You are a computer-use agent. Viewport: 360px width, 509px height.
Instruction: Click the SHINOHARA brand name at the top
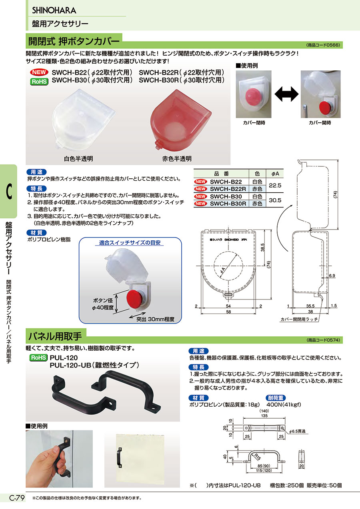pyautogui.click(x=54, y=10)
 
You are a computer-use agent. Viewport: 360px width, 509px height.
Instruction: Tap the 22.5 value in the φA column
pyautogui.click(x=275, y=186)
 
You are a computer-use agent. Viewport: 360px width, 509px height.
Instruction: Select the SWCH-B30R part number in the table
pyautogui.click(x=228, y=204)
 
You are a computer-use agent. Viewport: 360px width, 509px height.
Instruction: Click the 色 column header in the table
pyautogui.click(x=257, y=174)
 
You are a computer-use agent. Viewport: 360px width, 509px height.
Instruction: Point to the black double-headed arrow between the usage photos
pyautogui.click(x=286, y=94)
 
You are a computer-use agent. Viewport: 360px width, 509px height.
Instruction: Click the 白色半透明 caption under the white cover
pyautogui.click(x=78, y=159)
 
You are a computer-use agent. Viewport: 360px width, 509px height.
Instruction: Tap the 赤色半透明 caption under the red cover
pyautogui.click(x=177, y=159)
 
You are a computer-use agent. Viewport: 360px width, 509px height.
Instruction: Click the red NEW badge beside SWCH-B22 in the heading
pyautogui.click(x=39, y=72)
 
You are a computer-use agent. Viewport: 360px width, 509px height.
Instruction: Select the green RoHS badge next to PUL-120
pyautogui.click(x=38, y=358)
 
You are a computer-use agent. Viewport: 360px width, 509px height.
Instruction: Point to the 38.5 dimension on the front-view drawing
pyautogui.click(x=263, y=248)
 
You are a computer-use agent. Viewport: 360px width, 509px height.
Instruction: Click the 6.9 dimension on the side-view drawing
pyautogui.click(x=332, y=275)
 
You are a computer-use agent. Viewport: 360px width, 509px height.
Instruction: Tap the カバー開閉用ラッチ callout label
pyautogui.click(x=299, y=319)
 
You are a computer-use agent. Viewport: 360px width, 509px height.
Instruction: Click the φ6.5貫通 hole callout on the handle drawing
pyautogui.click(x=298, y=431)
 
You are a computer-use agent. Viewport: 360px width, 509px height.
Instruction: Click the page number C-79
pyautogui.click(x=17, y=498)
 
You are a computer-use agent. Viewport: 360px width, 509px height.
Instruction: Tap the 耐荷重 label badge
pyautogui.click(x=276, y=398)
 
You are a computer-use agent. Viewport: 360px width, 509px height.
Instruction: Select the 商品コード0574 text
pyautogui.click(x=323, y=340)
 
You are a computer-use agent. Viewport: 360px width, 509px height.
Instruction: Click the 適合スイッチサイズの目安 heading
pyautogui.click(x=130, y=243)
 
